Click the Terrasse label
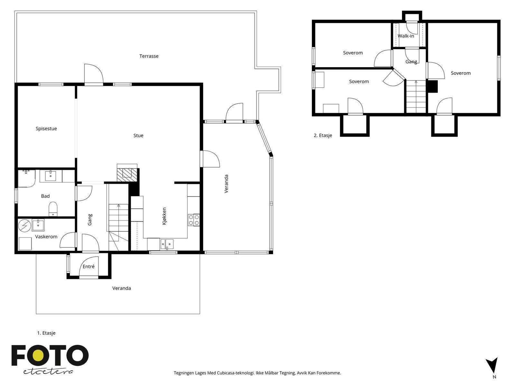coord(149,56)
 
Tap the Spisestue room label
coord(46,129)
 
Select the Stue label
coord(138,135)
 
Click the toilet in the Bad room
coord(53,209)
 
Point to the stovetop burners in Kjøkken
coord(194,220)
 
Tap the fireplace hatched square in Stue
coord(127,173)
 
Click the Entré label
coord(89,266)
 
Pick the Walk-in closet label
coord(406,36)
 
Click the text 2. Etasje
coord(323,135)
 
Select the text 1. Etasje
coord(46,333)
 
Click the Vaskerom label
coord(46,236)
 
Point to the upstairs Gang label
coord(411,61)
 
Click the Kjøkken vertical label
coord(164,216)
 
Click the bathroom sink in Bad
coord(51,176)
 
